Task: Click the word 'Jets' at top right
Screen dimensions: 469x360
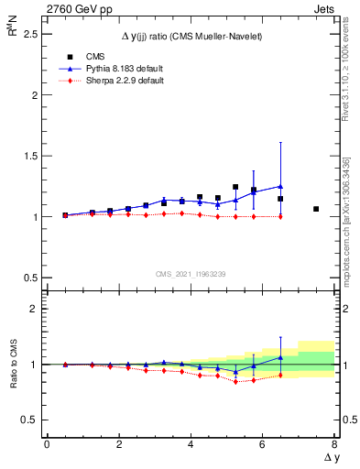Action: pyautogui.click(x=325, y=7)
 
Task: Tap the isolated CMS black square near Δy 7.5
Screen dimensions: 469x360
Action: pyautogui.click(x=316, y=209)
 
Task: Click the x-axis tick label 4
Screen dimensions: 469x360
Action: pyautogui.click(x=191, y=444)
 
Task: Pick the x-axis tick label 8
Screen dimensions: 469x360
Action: pyautogui.click(x=334, y=444)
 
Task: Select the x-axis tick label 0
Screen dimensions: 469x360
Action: pyautogui.click(x=47, y=444)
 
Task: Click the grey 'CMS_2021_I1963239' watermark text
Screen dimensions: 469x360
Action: pyautogui.click(x=190, y=274)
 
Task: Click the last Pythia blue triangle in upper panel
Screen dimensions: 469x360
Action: pyautogui.click(x=280, y=186)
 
